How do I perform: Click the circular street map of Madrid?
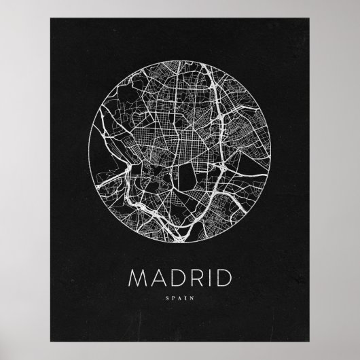point(179,152)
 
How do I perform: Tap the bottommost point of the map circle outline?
point(179,243)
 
